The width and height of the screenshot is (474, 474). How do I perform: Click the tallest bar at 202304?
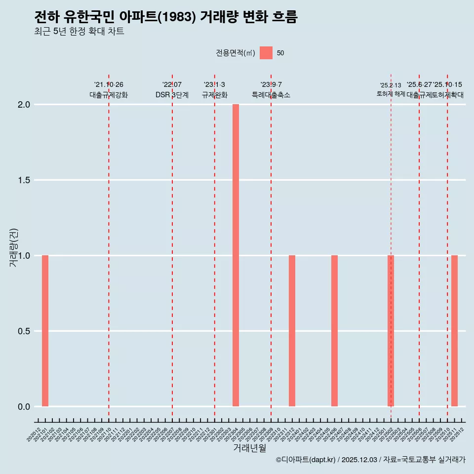236,255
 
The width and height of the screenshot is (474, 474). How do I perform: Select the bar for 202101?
45,331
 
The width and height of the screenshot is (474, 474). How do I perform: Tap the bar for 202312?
292,331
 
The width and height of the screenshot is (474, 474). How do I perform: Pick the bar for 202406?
334,331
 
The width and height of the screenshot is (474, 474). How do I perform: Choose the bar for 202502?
391,331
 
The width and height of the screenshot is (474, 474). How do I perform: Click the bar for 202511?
454,331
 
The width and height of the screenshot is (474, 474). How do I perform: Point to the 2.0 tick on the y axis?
24,105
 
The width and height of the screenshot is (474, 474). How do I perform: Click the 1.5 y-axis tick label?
24,180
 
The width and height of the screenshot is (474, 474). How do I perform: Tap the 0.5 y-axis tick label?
24,331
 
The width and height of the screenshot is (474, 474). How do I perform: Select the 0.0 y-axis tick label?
24,407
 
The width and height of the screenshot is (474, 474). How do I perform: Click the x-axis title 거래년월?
249,448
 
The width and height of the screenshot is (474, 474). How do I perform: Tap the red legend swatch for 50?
266,53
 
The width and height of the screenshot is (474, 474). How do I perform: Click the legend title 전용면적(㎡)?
235,53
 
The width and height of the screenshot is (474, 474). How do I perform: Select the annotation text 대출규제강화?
109,95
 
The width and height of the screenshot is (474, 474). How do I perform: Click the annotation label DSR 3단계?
172,95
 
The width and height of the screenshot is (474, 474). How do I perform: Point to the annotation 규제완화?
214,95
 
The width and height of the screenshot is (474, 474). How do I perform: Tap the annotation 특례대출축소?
271,95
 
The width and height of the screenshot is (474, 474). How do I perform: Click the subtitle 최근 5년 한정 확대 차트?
79,32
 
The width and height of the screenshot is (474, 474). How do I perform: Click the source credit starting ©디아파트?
370,460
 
